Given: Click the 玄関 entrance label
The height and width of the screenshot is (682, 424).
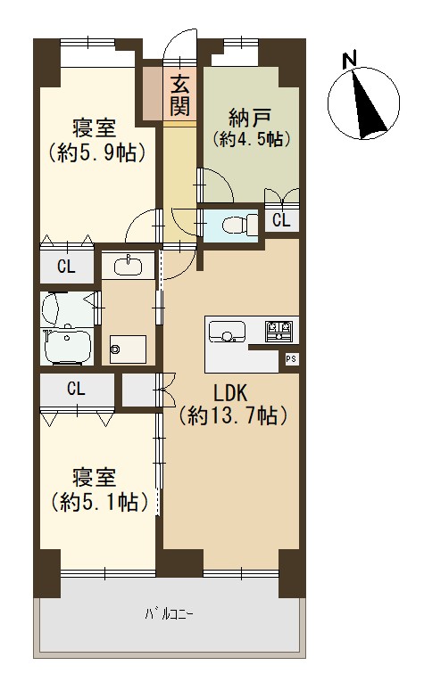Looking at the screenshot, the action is [x=179, y=94].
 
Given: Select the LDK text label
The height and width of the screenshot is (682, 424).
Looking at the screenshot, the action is [x=230, y=393].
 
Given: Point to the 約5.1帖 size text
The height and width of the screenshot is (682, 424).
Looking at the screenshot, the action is [x=100, y=503].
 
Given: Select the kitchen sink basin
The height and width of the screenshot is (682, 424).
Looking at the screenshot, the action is [x=227, y=332].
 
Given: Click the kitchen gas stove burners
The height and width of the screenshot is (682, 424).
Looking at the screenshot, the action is [x=279, y=330].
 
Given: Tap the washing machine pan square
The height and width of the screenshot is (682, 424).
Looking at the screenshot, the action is [x=128, y=349].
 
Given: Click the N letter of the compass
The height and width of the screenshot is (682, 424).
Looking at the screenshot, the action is [x=349, y=60].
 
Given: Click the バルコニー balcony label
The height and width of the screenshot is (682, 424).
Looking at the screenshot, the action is [x=170, y=614].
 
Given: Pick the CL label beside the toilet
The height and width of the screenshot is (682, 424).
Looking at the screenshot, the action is [x=281, y=220].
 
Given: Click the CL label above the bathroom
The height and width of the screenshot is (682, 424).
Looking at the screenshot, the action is [x=66, y=267].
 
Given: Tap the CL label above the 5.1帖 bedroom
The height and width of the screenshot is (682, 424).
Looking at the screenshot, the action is [x=76, y=389].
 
